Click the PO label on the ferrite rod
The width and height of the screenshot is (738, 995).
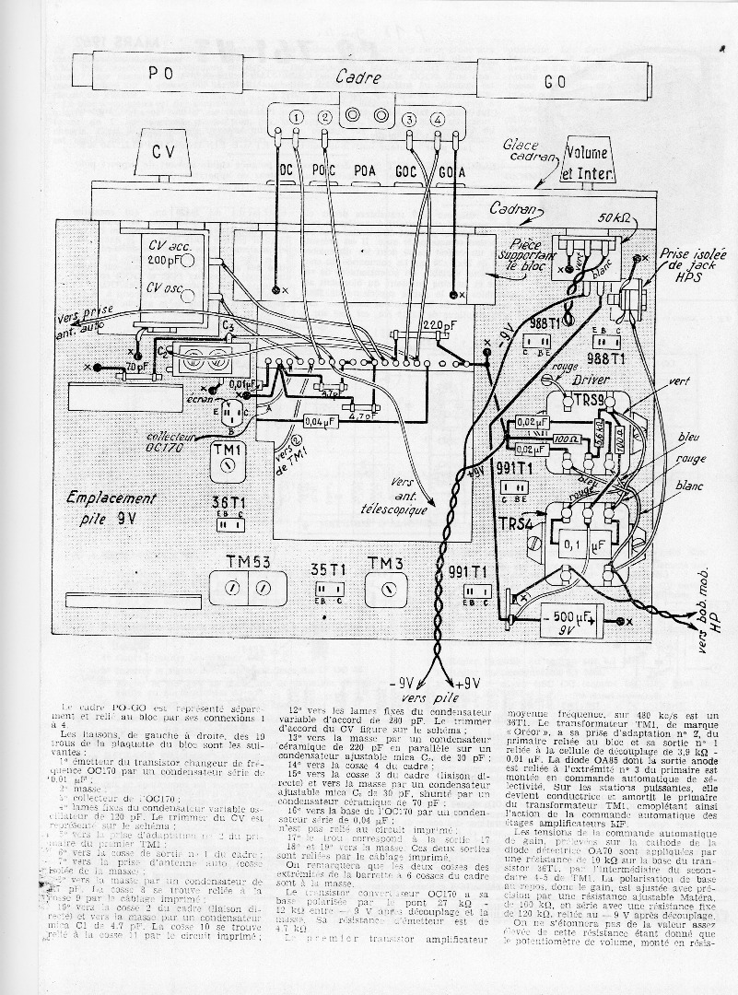tap(161, 75)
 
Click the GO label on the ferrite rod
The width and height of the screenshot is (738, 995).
tap(554, 81)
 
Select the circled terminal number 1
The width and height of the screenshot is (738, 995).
tap(296, 117)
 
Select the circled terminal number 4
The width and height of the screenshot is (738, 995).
tap(438, 119)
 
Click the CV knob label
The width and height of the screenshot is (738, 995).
tap(163, 153)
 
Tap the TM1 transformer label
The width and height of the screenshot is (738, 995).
tap(225, 451)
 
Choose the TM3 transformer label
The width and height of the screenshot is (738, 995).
tap(386, 562)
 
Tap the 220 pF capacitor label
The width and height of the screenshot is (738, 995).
tap(426, 323)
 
